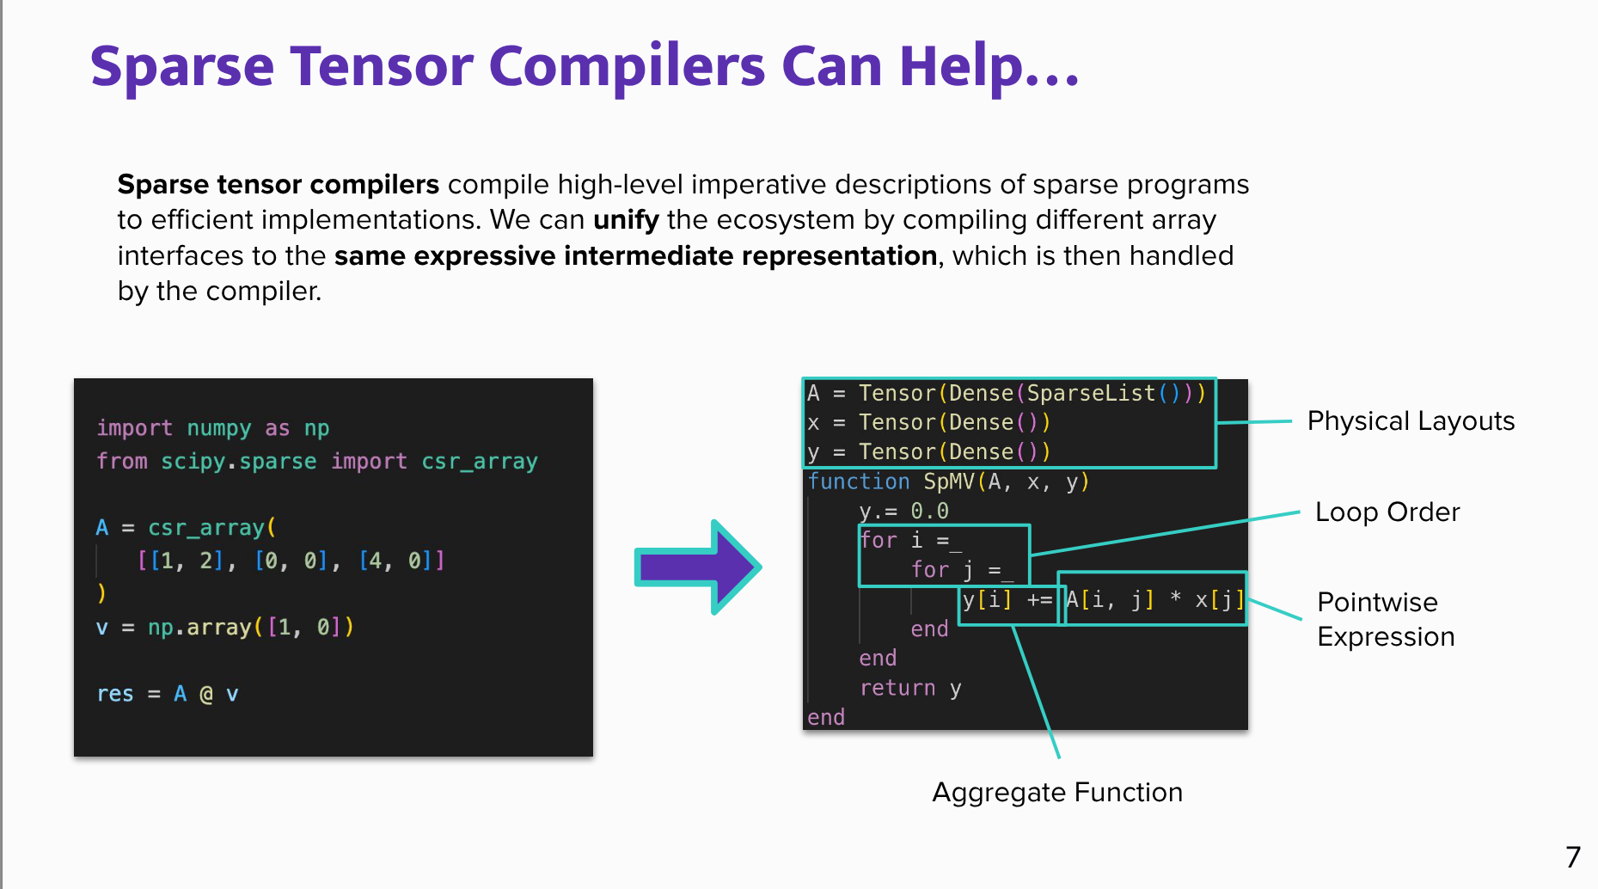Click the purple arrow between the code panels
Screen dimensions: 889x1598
(696, 567)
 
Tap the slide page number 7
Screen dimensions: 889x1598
(1572, 857)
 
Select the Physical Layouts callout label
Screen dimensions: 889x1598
(1410, 421)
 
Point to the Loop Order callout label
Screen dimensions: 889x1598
(1387, 512)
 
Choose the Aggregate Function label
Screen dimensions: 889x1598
(1056, 792)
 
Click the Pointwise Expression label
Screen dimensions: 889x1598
(1385, 619)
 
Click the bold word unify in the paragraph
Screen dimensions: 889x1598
(626, 220)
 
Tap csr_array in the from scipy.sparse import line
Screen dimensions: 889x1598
(479, 462)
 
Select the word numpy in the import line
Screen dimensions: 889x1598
(219, 428)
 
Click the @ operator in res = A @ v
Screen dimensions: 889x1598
(206, 694)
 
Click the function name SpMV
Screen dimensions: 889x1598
(949, 481)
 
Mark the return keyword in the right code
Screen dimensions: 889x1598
(897, 688)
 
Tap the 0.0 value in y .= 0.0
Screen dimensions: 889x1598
(929, 512)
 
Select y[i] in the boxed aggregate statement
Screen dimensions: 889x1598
(987, 599)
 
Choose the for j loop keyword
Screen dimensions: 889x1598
(929, 570)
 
